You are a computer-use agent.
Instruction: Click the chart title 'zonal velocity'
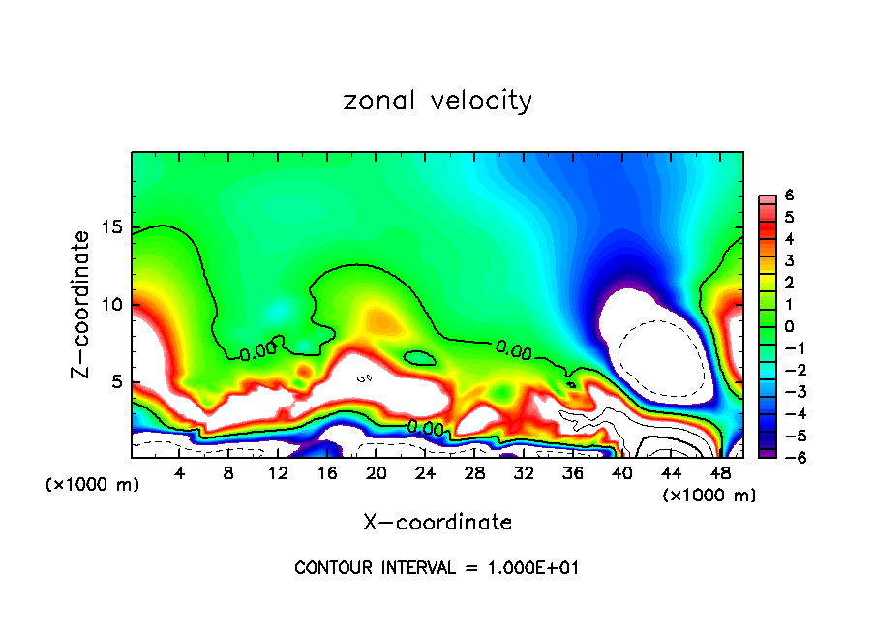pos(437,101)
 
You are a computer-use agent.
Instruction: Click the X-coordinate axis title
pos(437,523)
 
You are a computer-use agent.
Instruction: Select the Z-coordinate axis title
pos(83,304)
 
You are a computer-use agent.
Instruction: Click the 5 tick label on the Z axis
pos(116,381)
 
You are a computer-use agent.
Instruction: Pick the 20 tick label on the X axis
pos(377,473)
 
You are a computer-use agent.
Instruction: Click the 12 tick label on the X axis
pos(278,473)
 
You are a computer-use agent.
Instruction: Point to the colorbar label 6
pos(789,196)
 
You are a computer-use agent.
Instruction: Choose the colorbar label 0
pos(789,326)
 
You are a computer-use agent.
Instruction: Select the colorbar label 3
pos(789,261)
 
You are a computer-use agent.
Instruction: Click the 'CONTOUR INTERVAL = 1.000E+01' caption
pos(437,568)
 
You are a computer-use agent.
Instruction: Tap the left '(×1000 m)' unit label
pos(93,485)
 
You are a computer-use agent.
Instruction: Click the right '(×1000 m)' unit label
pos(709,496)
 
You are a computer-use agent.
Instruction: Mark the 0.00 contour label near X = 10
pos(257,352)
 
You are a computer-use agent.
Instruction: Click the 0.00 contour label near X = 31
pos(514,350)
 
